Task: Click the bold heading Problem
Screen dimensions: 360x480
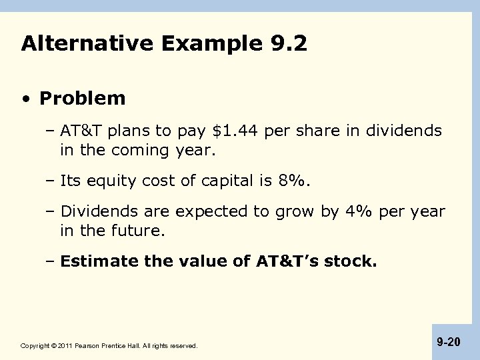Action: (82, 99)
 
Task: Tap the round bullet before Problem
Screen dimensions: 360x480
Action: (25, 99)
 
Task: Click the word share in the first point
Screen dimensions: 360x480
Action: (315, 131)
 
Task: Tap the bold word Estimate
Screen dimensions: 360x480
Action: (93, 262)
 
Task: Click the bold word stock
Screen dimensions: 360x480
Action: (354, 262)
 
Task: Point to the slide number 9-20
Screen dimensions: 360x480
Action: (449, 342)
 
